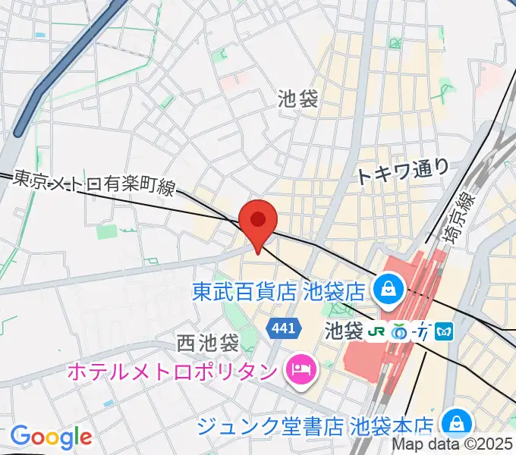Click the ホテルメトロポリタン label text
171,372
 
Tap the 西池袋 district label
207,343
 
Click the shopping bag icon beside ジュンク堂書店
456,423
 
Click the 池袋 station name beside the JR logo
344,331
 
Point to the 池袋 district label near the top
297,98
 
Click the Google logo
51,436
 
